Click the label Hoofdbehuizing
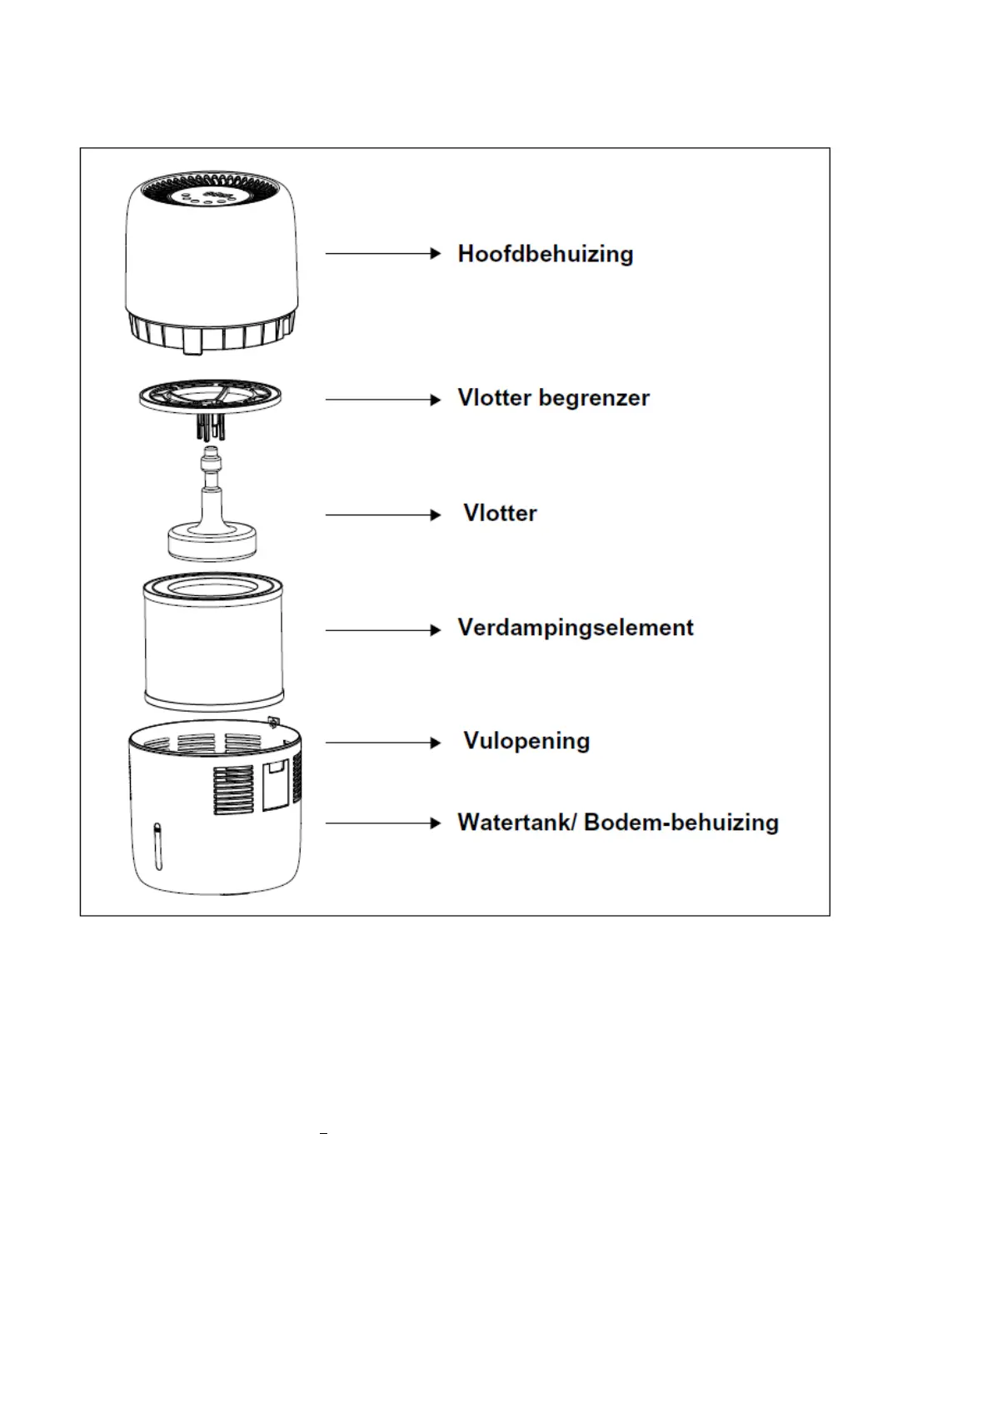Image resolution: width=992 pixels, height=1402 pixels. click(x=545, y=254)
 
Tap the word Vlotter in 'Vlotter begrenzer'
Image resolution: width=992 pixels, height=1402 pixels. click(x=494, y=398)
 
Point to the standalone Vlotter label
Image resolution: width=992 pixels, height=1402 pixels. click(x=500, y=513)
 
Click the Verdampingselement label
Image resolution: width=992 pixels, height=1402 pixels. click(x=575, y=628)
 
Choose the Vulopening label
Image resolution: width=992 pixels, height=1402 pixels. click(x=526, y=741)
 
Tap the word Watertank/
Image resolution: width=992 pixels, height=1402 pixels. click(x=516, y=823)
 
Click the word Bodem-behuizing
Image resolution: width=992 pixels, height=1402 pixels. click(x=681, y=823)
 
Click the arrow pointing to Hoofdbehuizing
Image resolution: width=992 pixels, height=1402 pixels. click(x=382, y=253)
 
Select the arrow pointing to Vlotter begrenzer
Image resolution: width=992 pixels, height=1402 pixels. click(x=382, y=400)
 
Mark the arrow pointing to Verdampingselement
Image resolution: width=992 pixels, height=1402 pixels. click(x=382, y=630)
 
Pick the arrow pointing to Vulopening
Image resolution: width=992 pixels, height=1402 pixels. click(x=382, y=742)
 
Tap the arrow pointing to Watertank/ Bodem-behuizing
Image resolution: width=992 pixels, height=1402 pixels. click(x=382, y=823)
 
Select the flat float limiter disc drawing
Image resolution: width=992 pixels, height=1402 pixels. click(x=210, y=396)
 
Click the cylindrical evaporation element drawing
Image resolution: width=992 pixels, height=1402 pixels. click(x=213, y=641)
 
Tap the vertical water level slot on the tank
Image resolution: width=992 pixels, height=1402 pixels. click(x=156, y=846)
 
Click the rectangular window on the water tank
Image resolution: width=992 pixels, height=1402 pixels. click(x=275, y=784)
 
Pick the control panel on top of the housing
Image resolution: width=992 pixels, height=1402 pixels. click(x=208, y=196)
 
